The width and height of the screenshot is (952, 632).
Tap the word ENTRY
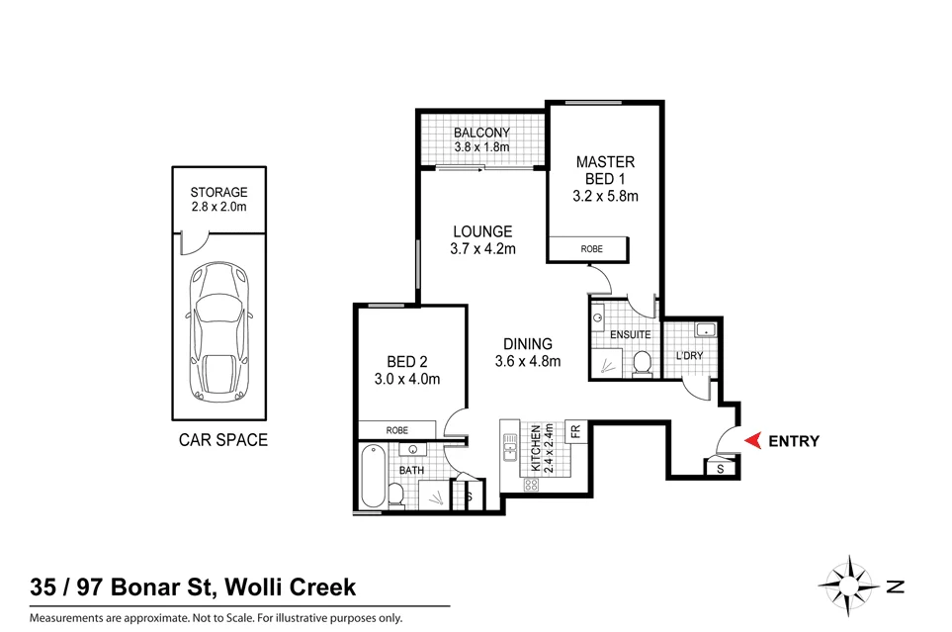coord(794,442)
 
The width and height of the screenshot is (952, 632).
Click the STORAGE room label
coord(218,192)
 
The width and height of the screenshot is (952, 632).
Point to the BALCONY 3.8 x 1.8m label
coord(481,140)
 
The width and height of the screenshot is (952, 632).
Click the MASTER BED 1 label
coord(605,178)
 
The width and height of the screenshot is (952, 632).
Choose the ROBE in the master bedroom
coord(590,249)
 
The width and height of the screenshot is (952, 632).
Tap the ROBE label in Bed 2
coord(397,430)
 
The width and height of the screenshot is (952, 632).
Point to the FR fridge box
coord(573,430)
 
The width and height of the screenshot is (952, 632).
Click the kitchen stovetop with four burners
coord(531,484)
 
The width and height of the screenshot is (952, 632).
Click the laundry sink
coord(706,330)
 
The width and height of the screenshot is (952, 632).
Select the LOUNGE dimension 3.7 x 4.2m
coord(482,248)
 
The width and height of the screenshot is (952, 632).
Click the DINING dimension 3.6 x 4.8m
coord(528,361)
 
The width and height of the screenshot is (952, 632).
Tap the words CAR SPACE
coord(222,440)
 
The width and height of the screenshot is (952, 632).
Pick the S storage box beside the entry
coord(720,468)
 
